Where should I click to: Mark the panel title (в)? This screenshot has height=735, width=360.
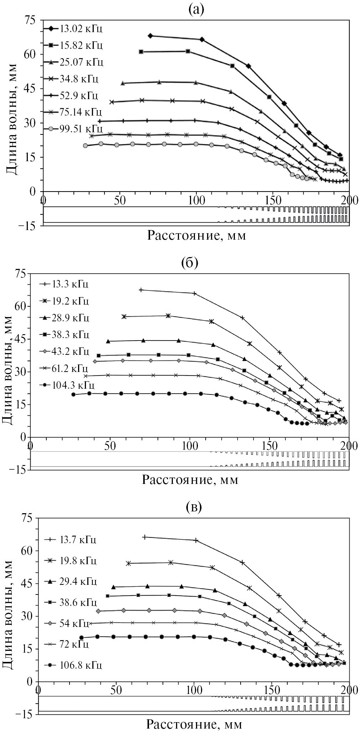pos(194,506)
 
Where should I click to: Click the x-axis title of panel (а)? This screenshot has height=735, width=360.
pos(197,236)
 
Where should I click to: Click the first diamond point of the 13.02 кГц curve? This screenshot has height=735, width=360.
pos(150,36)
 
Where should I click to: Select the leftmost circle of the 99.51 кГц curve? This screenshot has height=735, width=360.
pos(85,146)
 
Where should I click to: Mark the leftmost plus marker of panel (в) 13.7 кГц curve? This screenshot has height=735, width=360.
pos(145,537)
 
